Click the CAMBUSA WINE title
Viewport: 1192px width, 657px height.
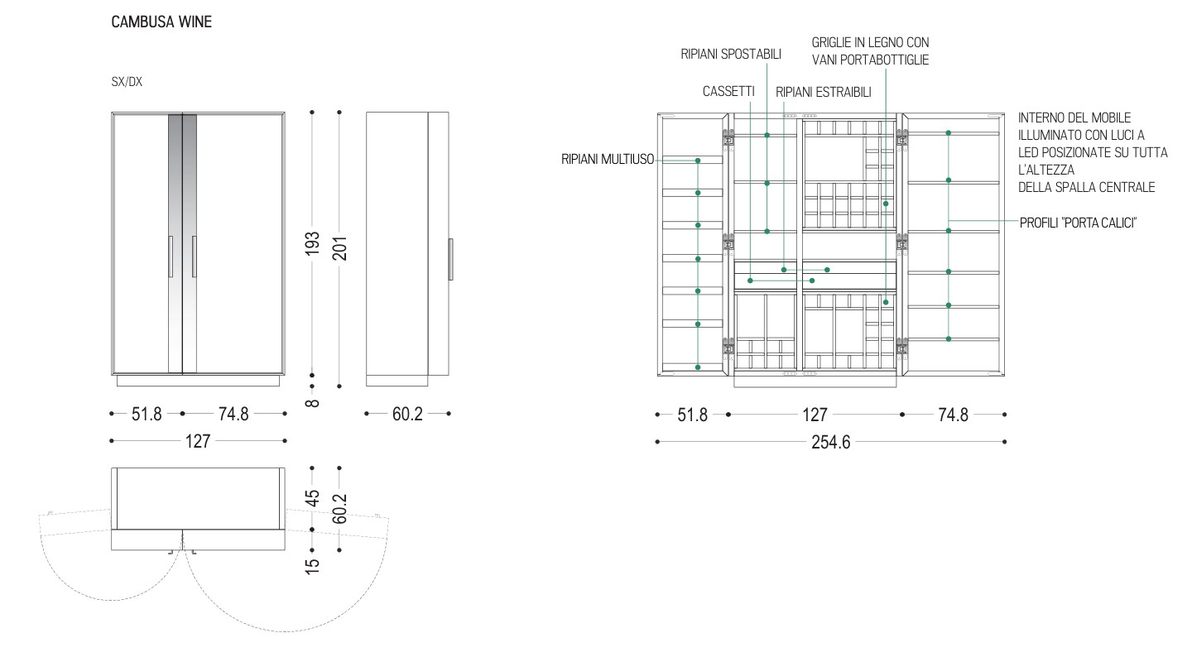coord(161,22)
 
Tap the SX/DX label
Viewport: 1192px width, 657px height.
coord(127,82)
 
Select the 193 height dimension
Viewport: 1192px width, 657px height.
coord(312,243)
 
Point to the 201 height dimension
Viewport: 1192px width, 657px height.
coord(339,248)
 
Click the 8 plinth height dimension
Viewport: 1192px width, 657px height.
coord(312,403)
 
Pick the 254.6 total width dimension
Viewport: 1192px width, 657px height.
coord(831,442)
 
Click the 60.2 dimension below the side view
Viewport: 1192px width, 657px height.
coord(407,414)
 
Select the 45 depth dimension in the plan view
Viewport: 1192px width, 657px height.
coord(312,498)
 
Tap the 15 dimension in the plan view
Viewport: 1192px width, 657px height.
coord(312,565)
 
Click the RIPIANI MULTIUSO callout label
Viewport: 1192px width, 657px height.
coord(608,159)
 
